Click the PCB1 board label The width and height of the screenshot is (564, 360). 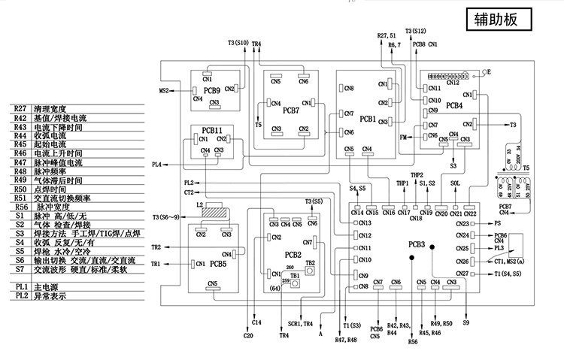click(368, 119)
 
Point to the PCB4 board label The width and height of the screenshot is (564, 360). click(453, 106)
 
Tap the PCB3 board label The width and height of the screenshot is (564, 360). click(417, 244)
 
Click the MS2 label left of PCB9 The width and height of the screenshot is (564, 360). click(164, 91)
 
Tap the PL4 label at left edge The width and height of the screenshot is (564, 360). click(156, 165)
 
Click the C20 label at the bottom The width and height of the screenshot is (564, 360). click(248, 335)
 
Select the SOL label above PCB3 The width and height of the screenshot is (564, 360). click(455, 183)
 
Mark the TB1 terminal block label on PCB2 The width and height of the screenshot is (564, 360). click(296, 275)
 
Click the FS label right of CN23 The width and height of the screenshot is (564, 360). click(497, 223)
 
